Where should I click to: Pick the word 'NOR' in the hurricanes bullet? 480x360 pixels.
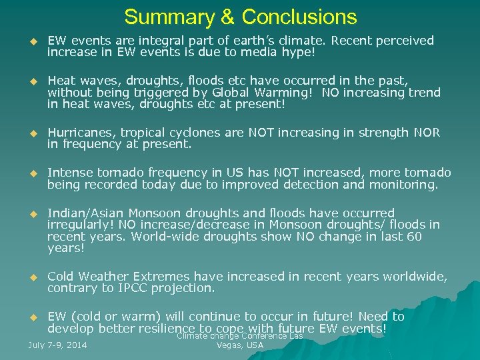point(427,133)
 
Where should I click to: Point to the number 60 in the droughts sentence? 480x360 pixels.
point(415,236)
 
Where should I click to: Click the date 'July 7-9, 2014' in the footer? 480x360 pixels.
point(58,345)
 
